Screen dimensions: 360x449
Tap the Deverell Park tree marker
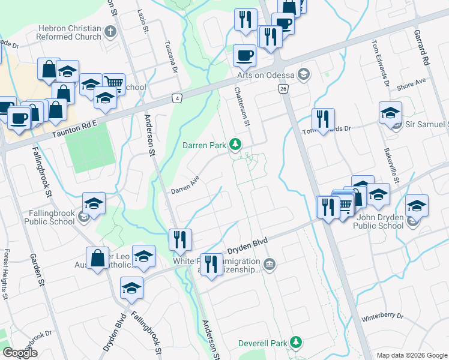coord(295,342)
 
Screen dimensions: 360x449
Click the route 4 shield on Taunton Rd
coord(176,98)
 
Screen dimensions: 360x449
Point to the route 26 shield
coord(283,89)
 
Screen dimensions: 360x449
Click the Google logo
coord(20,353)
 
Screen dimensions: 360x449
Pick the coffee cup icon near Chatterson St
coord(244,56)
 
